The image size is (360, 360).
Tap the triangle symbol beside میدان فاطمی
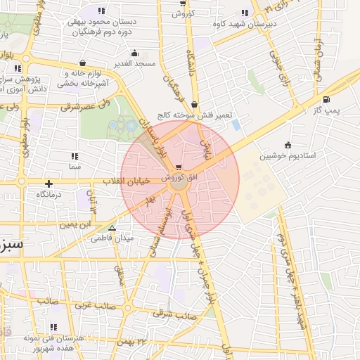[111, 228]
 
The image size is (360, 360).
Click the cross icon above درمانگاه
[49, 184]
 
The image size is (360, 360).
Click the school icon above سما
[75, 156]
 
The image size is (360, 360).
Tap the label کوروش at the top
[183, 13]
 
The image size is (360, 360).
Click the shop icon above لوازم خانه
[83, 63]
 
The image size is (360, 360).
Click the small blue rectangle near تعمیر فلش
[236, 124]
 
